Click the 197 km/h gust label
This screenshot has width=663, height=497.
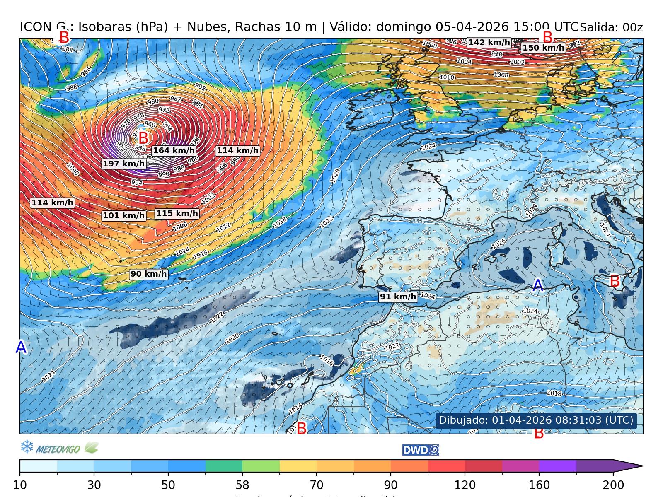point(123,164)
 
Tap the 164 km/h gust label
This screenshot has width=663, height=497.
point(174,150)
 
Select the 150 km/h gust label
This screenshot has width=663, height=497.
point(543,48)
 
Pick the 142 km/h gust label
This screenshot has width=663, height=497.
point(489,42)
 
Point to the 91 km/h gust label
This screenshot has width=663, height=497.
point(398,297)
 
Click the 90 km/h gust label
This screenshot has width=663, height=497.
point(148,274)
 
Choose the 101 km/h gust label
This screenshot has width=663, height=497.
point(123,215)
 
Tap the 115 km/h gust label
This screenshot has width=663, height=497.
point(177,213)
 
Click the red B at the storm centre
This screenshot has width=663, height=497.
point(143,138)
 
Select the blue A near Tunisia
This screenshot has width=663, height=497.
point(537,285)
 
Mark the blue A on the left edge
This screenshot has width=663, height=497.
point(21,347)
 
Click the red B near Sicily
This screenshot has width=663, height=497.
point(615,281)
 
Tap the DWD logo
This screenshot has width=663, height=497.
point(420,450)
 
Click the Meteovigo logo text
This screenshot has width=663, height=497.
point(58,449)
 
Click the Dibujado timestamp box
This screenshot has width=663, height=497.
point(536,420)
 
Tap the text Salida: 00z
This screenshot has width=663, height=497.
point(611,28)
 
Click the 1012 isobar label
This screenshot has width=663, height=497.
point(223,227)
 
